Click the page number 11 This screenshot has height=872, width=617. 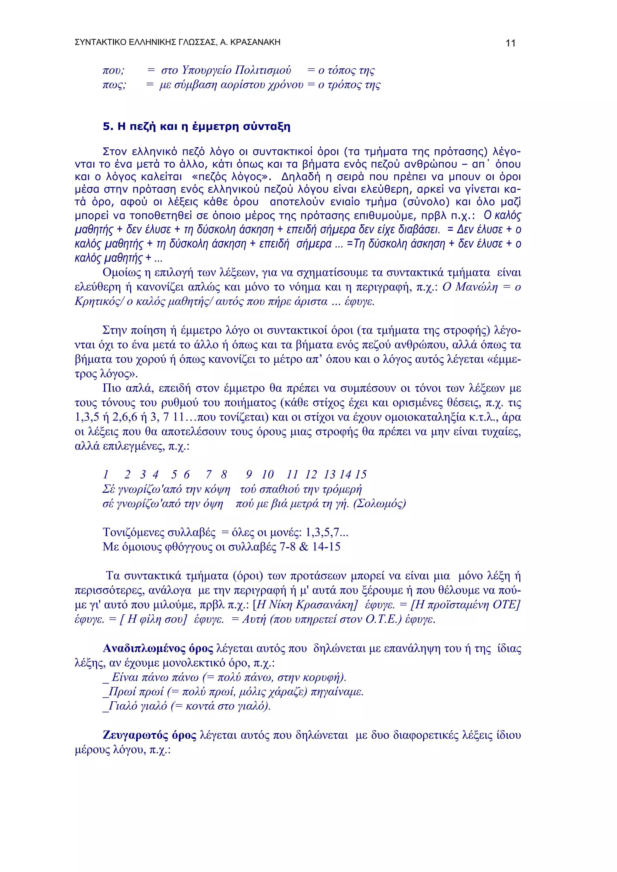pyautogui.click(x=511, y=43)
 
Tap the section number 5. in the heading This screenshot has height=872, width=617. pyautogui.click(x=108, y=126)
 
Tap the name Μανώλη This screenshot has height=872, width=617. pyautogui.click(x=476, y=287)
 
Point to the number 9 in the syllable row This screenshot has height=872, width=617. pyautogui.click(x=249, y=475)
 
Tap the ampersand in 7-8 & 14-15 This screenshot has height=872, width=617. pyautogui.click(x=303, y=547)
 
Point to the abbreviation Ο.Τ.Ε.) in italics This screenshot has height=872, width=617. pyautogui.click(x=384, y=619)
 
